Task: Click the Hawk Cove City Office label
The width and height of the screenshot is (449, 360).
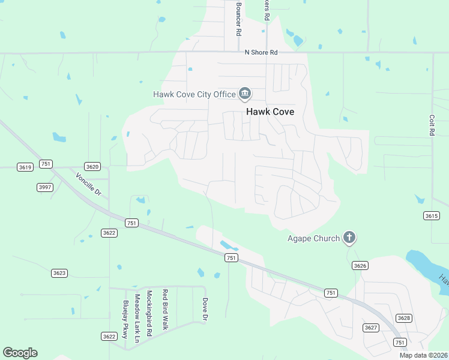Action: click(194, 94)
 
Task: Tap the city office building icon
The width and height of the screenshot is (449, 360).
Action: click(245, 94)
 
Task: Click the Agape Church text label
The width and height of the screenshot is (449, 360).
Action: click(313, 238)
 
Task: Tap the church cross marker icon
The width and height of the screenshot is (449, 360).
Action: click(349, 238)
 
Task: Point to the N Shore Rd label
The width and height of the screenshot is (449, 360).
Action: click(261, 53)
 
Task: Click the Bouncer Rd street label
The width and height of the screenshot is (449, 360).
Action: click(238, 19)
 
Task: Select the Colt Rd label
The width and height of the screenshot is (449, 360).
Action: click(432, 125)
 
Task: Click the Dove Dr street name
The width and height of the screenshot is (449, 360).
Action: click(205, 310)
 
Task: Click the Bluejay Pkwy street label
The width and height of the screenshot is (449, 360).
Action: click(125, 320)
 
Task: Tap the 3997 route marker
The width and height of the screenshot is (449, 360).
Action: click(45, 188)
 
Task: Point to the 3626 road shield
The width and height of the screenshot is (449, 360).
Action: click(360, 265)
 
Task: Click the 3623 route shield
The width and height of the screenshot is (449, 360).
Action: click(59, 273)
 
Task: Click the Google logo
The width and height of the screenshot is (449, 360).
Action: click(20, 353)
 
